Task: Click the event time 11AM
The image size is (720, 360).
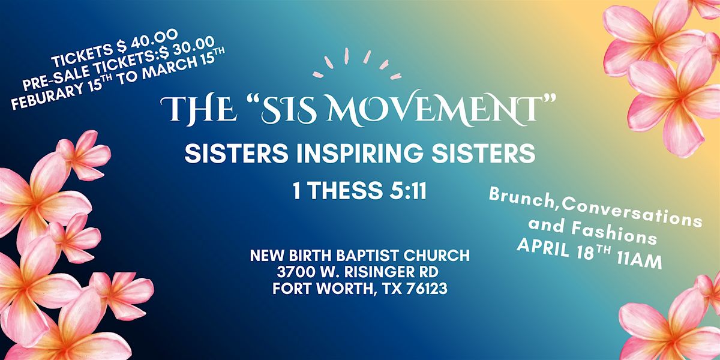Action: (639, 260)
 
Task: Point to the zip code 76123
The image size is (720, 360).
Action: (426, 289)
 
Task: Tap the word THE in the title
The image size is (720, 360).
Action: (197, 109)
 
